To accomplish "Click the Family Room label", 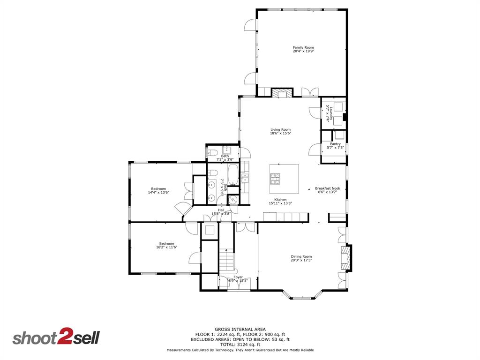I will [303, 47].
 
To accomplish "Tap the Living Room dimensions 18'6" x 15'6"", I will [280, 133].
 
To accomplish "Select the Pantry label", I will [335, 144].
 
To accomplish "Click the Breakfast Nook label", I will [327, 188].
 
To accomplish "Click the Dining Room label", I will [301, 256].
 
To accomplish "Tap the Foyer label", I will [238, 277].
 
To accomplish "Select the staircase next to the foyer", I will [227, 260].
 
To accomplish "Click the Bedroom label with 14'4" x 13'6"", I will [158, 188].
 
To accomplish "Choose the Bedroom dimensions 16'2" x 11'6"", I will [166, 247].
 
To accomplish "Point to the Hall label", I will [221, 210].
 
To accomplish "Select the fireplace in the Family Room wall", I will [282, 93].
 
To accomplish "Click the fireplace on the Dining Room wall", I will [345, 258].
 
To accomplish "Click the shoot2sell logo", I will [56, 338].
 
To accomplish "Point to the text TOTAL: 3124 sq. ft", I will [240, 344].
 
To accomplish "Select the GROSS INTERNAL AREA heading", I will [240, 329].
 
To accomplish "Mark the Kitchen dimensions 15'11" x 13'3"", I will [280, 203].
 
